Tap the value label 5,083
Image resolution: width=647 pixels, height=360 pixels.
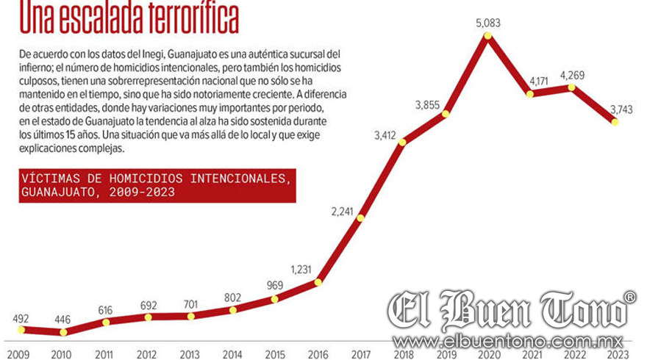click(487, 23)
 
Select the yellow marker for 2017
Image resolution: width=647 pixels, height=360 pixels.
click(360, 217)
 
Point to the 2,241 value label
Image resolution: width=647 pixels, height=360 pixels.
click(343, 212)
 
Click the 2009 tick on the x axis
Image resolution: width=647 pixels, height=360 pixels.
click(19, 354)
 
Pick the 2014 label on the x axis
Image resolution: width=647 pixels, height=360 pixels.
click(232, 354)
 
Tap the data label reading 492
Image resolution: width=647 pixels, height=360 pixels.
click(20, 318)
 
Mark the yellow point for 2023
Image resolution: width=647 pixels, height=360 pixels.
click(615, 121)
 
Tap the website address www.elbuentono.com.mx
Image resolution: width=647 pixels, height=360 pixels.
click(508, 342)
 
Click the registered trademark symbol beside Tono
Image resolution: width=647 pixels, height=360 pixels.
click(630, 297)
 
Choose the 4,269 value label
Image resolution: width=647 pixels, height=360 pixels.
click(573, 74)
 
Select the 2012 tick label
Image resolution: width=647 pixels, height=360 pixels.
click(147, 354)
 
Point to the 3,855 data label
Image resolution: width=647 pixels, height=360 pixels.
click(427, 105)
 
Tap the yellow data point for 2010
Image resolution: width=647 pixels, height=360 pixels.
click(62, 332)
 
